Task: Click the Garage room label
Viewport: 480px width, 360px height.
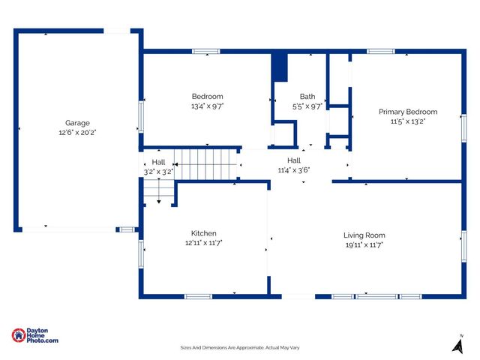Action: tap(77, 123)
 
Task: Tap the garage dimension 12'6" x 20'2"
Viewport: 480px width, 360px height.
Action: tap(77, 132)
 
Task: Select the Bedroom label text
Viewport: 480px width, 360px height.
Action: tap(207, 97)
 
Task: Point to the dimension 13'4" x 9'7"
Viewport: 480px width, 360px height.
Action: tap(207, 106)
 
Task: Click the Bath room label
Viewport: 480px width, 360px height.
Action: tap(307, 97)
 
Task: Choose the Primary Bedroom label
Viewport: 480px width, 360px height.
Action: tap(407, 112)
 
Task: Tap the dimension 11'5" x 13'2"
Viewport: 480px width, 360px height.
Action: tap(407, 121)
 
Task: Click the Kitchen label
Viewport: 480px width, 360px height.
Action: tap(203, 233)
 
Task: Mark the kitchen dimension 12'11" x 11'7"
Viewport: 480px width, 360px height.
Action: tap(203, 243)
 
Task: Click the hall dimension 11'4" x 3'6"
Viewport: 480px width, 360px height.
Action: tap(293, 169)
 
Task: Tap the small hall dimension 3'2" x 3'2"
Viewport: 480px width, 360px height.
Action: tap(158, 172)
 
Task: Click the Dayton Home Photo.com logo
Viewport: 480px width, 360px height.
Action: tap(34, 336)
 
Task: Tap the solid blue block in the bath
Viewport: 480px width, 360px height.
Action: tap(280, 67)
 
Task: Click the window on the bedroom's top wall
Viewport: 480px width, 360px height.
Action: tap(206, 52)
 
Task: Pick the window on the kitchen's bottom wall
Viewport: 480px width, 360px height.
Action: tap(199, 296)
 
